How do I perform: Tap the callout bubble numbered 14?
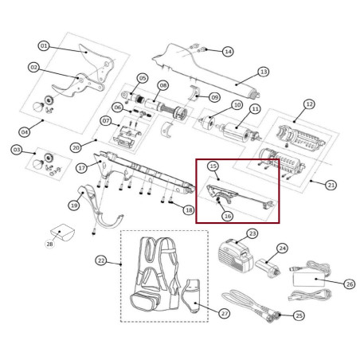point(228,52)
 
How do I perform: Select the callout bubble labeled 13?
point(264,72)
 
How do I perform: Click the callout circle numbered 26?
point(349,284)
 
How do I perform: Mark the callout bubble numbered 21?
point(331,185)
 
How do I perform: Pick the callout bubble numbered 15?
point(213,166)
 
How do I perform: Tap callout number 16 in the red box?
point(227,216)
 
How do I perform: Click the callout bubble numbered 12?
point(309,104)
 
